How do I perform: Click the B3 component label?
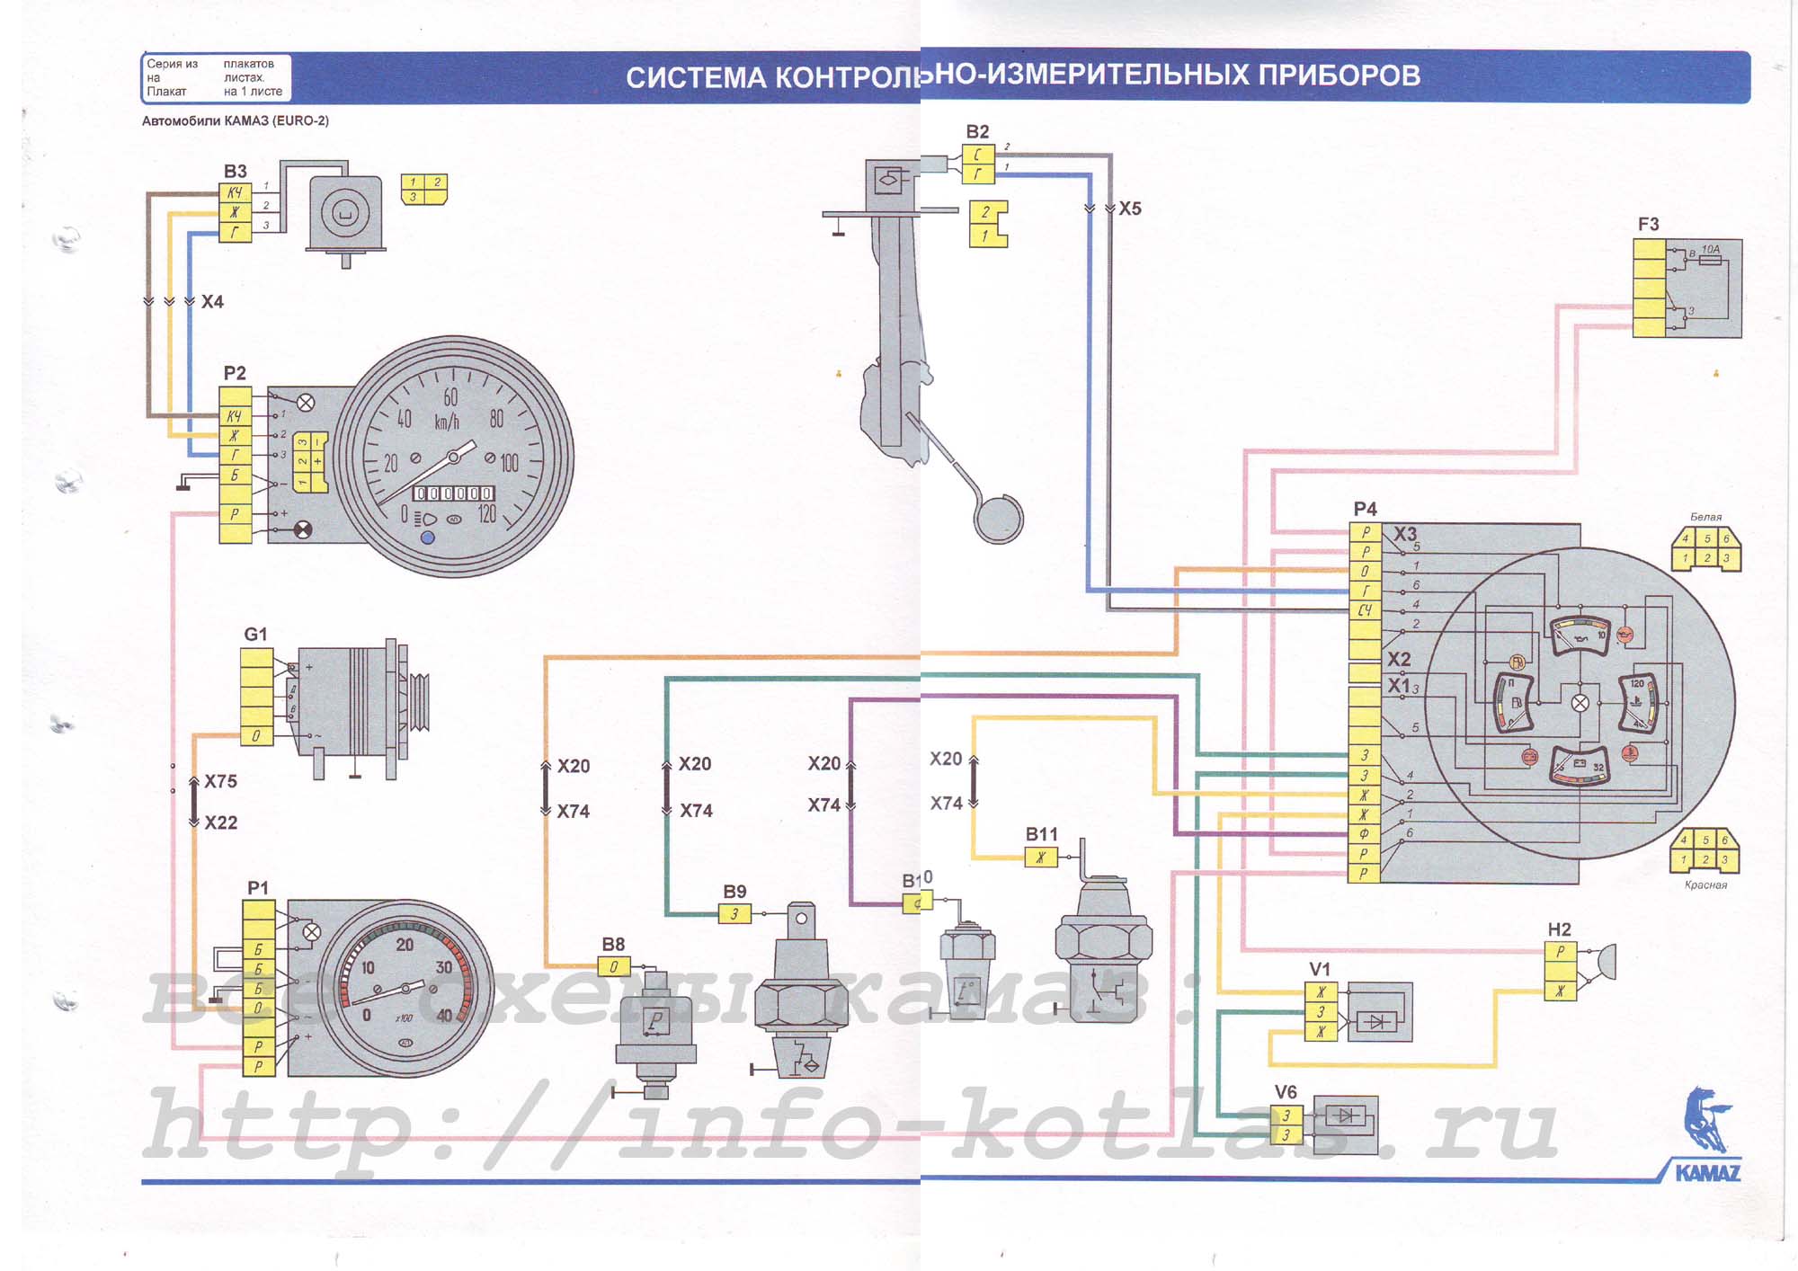[x=235, y=171]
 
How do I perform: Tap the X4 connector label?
[x=212, y=302]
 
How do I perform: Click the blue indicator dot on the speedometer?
[x=428, y=538]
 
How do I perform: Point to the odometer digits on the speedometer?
[x=453, y=493]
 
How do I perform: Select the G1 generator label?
[x=255, y=634]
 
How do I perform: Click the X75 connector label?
[x=220, y=782]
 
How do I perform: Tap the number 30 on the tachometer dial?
[x=444, y=968]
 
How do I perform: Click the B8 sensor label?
[x=613, y=944]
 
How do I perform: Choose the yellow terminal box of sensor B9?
[x=734, y=914]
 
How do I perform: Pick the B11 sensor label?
[x=1042, y=834]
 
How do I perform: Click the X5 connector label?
[x=1130, y=209]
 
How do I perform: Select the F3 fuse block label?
[x=1648, y=224]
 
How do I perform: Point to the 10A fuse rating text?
[x=1710, y=249]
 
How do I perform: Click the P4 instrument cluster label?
[x=1365, y=509]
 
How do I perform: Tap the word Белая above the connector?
[x=1705, y=517]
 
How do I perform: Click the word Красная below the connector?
[x=1705, y=885]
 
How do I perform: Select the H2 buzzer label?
[x=1559, y=929]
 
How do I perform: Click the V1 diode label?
[x=1319, y=969]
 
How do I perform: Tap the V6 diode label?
[x=1286, y=1092]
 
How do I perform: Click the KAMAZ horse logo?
[x=1705, y=1120]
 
